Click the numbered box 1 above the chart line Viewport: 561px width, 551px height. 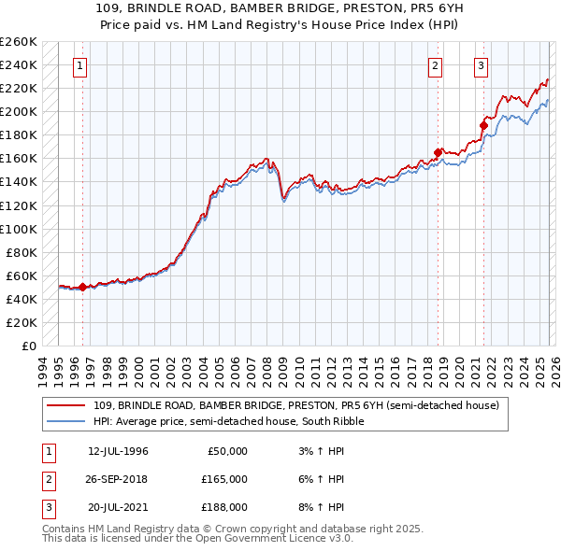[80, 65]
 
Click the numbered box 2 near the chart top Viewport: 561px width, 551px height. [436, 65]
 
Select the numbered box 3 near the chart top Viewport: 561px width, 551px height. [481, 65]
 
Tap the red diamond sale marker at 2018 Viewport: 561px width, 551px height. [438, 152]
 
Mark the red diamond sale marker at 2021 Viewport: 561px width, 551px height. [483, 125]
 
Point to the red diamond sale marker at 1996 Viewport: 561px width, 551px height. [82, 287]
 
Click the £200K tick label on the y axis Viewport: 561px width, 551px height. [20, 111]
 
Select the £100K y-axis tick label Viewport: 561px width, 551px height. [20, 229]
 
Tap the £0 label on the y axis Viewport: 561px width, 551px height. [27, 346]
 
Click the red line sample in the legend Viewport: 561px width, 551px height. [67, 405]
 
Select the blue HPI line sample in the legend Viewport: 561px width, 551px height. [67, 421]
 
